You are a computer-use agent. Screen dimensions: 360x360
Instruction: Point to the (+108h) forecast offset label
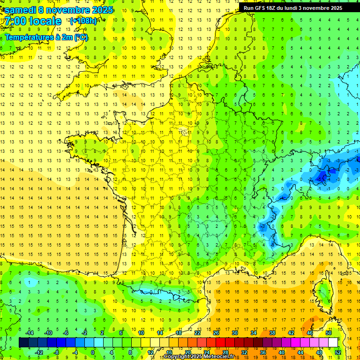83,21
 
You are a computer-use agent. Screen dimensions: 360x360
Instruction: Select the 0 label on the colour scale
93,352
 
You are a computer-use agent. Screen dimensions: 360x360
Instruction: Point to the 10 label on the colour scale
141,333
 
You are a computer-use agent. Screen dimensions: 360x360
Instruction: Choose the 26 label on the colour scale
216,333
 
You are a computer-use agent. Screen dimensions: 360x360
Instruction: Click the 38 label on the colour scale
272,333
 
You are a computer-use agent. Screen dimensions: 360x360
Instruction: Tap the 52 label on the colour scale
338,352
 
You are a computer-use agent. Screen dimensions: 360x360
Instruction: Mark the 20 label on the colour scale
187,352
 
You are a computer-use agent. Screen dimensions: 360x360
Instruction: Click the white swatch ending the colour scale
333,343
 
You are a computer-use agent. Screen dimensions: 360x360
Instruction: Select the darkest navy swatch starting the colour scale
23,343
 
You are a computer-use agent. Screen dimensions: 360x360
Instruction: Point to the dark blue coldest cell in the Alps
323,176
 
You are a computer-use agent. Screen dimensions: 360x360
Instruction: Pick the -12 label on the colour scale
39,352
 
